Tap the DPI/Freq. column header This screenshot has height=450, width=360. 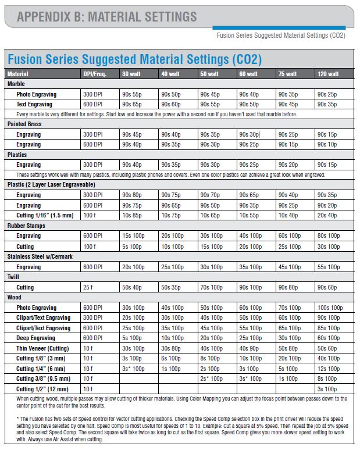(95, 74)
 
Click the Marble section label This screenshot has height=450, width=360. (16, 84)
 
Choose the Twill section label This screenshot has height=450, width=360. (14, 277)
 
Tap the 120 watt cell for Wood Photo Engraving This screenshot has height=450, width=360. (330, 308)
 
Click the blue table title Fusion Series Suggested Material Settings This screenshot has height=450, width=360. (134, 59)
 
